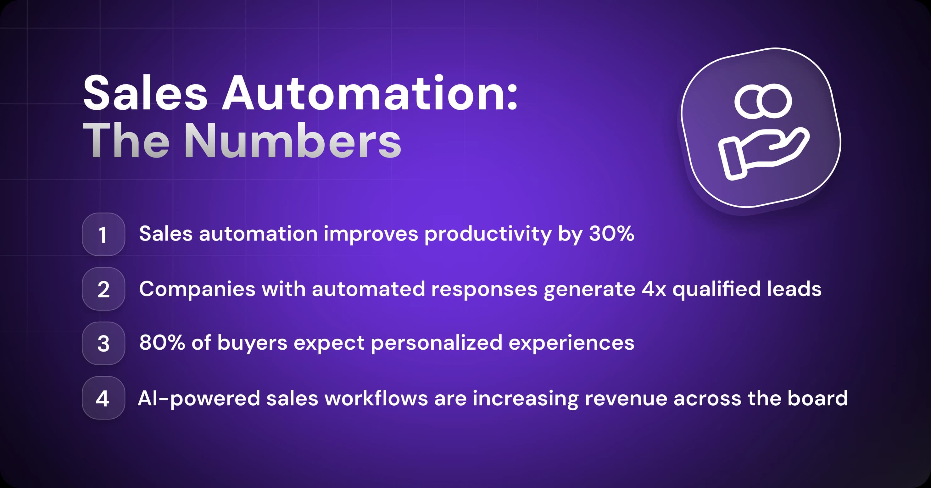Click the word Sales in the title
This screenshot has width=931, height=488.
pos(145,93)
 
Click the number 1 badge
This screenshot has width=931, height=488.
pos(103,235)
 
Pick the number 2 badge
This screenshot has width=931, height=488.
pos(103,289)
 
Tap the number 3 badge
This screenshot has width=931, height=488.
pos(103,343)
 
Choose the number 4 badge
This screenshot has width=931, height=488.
pos(103,398)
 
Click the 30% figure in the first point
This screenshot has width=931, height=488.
pos(611,233)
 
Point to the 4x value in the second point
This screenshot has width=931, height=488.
pos(654,289)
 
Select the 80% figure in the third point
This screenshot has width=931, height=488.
pos(162,342)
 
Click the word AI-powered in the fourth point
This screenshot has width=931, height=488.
pos(199,399)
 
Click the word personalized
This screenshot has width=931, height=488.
pos(437,343)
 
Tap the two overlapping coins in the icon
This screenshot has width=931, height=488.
pos(763,101)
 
